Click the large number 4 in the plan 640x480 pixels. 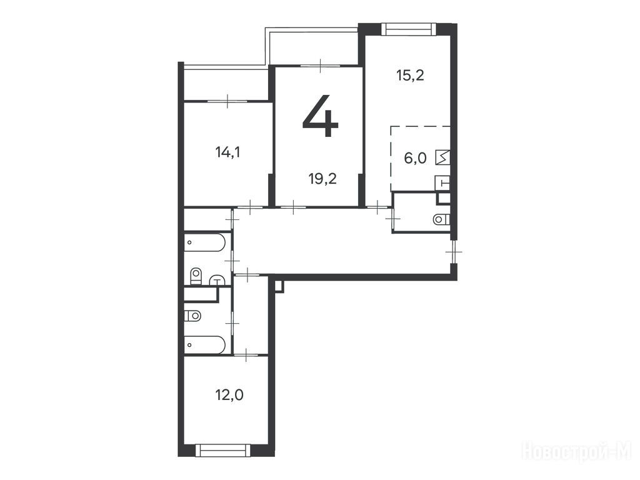321,116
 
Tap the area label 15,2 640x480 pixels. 411,76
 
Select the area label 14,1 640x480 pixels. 227,152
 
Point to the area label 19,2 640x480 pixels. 323,179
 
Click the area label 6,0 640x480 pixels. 415,158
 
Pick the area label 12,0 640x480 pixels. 229,395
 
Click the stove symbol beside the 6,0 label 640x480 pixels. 443,157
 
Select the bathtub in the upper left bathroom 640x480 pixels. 205,242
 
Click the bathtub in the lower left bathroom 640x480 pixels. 205,345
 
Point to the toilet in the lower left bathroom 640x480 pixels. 192,316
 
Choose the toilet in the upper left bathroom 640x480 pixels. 196,276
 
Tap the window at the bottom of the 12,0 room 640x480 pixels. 223,450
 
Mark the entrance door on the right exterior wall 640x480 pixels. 454,252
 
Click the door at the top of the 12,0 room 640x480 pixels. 246,355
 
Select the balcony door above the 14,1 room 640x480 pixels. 228,101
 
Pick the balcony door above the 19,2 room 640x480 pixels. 321,65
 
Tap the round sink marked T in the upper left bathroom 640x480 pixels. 217,281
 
